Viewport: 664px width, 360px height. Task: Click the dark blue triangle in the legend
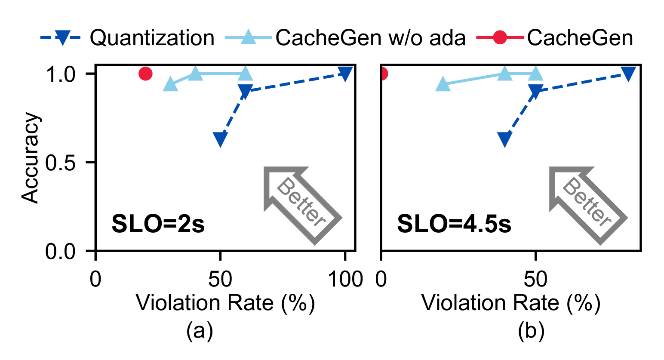click(63, 37)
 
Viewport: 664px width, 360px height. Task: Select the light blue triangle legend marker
click(249, 37)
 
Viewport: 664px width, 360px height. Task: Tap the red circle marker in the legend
click(500, 37)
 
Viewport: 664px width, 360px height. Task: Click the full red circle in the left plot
click(145, 74)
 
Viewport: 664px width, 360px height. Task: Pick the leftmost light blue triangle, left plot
click(170, 84)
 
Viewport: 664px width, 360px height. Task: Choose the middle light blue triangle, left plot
click(195, 74)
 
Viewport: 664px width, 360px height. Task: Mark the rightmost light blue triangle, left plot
click(245, 74)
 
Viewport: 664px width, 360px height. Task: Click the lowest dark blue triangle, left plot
click(220, 139)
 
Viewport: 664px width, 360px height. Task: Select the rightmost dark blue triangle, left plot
click(345, 73)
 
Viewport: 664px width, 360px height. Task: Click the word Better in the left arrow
click(301, 203)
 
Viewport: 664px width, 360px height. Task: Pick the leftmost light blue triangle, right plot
click(443, 84)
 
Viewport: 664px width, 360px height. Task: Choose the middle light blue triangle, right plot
click(505, 74)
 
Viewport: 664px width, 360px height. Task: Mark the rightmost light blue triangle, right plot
click(535, 74)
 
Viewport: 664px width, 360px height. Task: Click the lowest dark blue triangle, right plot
click(504, 139)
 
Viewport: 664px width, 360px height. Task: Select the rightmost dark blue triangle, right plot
click(628, 73)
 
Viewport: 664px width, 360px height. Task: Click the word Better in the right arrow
click(587, 203)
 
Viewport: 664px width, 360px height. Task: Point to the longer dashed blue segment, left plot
click(295, 82)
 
